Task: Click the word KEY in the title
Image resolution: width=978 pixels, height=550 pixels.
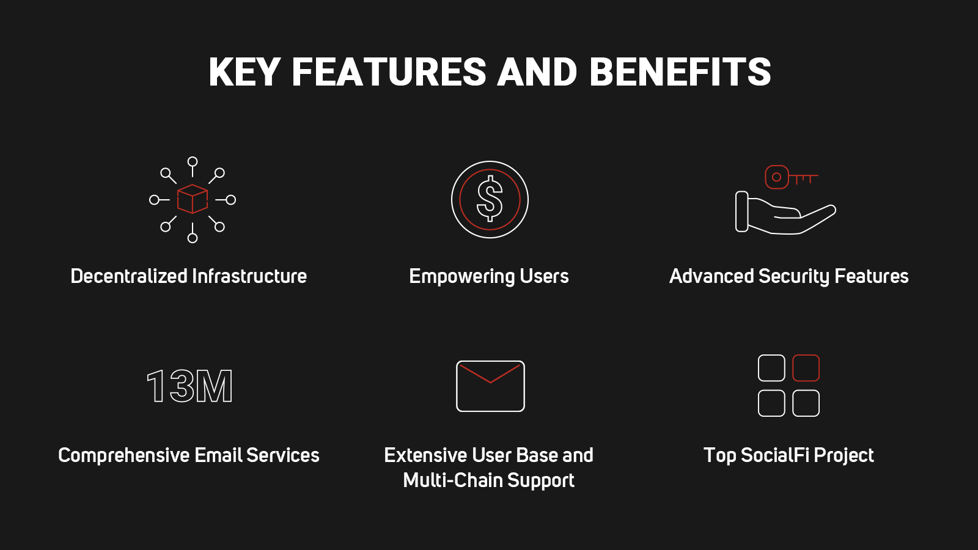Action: (x=244, y=72)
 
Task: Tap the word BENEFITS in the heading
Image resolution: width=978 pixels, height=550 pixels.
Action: (x=680, y=72)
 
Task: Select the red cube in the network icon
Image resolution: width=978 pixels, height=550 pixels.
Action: (x=192, y=199)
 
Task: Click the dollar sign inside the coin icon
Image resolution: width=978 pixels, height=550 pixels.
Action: (x=490, y=199)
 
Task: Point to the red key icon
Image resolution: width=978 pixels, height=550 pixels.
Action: (x=791, y=177)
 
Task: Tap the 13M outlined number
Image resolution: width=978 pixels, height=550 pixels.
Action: (x=189, y=386)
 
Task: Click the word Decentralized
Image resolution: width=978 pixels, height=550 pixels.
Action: (x=129, y=276)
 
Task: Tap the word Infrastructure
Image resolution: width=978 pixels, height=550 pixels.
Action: (x=249, y=276)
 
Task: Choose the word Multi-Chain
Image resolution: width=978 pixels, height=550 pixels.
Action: (x=453, y=480)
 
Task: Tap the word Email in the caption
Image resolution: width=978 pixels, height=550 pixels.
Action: (x=218, y=455)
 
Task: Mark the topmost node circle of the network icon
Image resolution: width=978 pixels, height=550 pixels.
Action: (x=193, y=162)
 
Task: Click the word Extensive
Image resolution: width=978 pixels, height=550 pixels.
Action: (x=425, y=455)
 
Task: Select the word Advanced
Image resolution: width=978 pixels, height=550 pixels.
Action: (x=711, y=276)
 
